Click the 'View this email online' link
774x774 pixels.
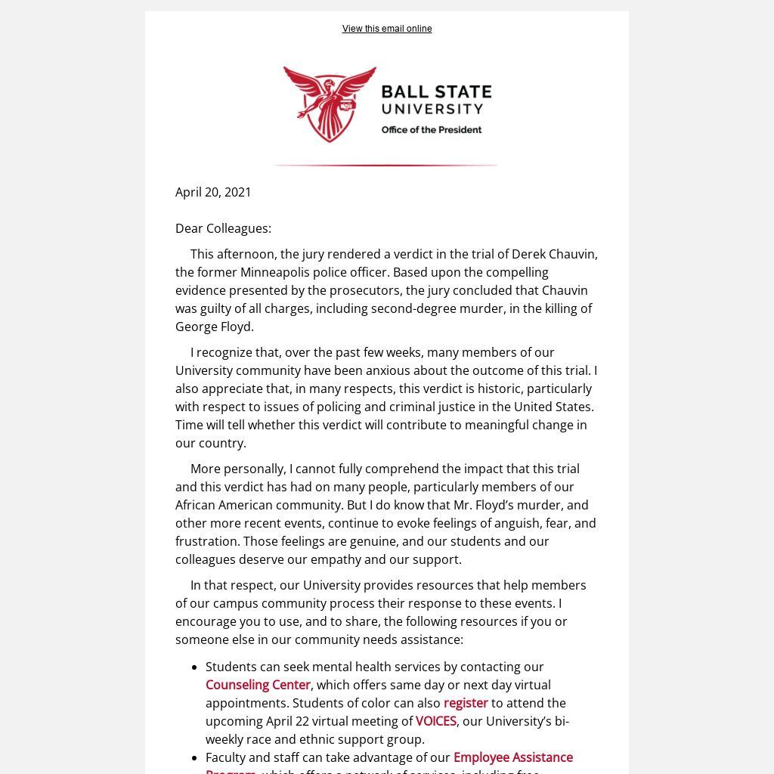pos(387,29)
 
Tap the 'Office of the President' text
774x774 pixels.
pos(431,130)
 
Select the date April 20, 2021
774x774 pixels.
pos(213,192)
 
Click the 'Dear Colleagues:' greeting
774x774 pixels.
pos(223,228)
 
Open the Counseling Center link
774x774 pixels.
pos(258,685)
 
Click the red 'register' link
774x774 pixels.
pos(466,703)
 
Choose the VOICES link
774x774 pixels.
pos(436,721)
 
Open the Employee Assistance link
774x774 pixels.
pos(512,757)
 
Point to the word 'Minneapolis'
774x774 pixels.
pos(275,272)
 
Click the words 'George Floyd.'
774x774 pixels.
pos(215,327)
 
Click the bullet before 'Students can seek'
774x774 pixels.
pos(195,667)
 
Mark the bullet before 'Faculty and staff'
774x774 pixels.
pos(195,758)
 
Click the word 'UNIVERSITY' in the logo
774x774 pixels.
pos(432,109)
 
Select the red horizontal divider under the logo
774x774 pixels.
pos(385,165)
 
